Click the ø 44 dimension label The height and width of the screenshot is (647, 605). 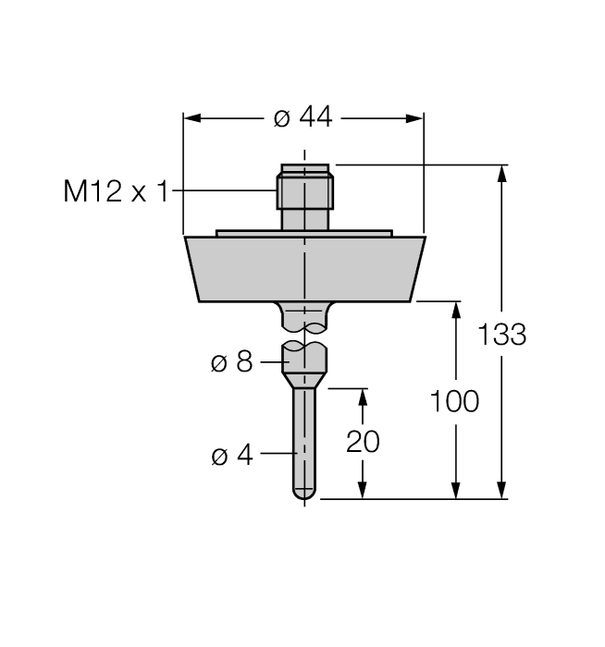303,118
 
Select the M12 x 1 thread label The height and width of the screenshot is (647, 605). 117,191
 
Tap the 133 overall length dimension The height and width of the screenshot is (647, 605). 502,335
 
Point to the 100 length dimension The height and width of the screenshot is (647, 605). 454,401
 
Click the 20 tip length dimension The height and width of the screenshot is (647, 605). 363,441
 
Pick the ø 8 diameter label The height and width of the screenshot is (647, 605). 231,362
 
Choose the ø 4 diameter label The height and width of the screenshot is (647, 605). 231,456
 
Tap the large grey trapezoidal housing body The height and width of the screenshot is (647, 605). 303,268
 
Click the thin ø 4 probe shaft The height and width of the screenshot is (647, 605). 303,434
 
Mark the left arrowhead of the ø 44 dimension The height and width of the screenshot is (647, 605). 191,118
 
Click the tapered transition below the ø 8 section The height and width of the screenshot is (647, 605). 303,380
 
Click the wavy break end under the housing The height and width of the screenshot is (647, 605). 303,325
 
